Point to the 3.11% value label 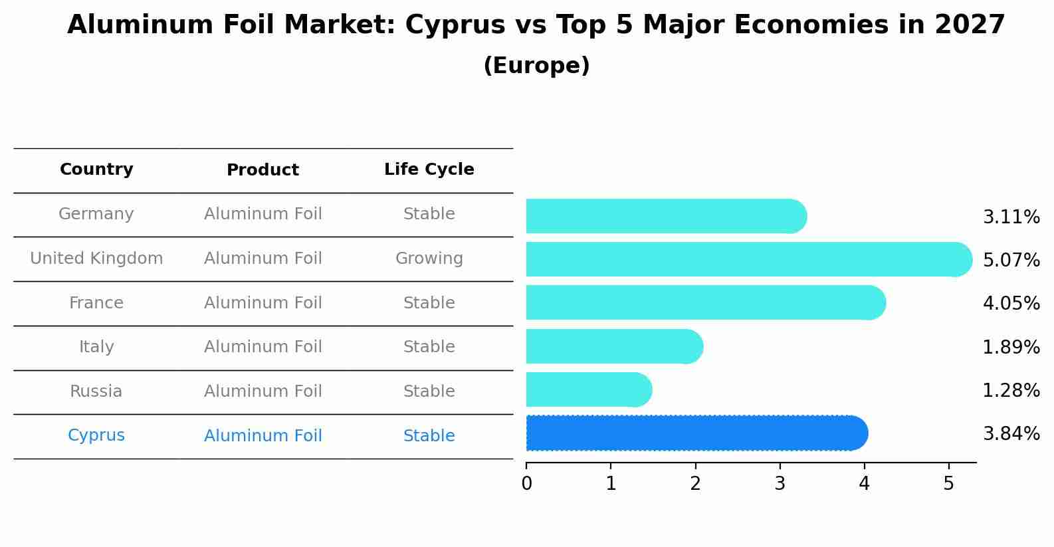point(1011,217)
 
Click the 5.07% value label point(1011,260)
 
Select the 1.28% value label point(1011,390)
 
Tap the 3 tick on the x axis point(780,484)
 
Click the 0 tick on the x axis point(527,484)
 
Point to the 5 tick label point(948,484)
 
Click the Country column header point(96,169)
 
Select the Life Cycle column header point(429,169)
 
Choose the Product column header point(263,170)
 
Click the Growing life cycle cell point(429,259)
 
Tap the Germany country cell point(96,214)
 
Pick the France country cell point(96,303)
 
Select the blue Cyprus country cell point(96,435)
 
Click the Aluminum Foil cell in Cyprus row point(263,436)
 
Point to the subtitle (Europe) point(536,66)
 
